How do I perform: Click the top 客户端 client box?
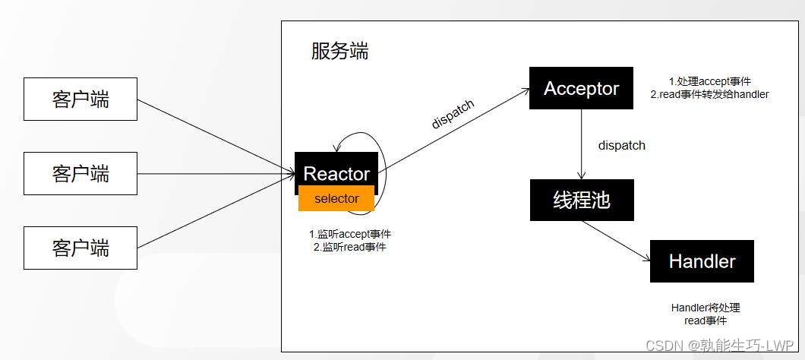coord(80,99)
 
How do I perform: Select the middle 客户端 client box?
coord(80,173)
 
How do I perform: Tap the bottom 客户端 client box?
coord(80,248)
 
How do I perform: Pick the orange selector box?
coord(336,199)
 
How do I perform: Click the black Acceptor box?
coord(581,88)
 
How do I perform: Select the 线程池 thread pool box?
coord(581,200)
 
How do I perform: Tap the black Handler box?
coord(702,261)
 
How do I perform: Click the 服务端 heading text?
coord(339,51)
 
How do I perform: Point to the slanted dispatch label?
coord(453,114)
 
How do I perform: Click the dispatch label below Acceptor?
coord(621,145)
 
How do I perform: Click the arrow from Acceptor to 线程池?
coord(582,144)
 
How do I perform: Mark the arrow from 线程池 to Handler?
coord(615,239)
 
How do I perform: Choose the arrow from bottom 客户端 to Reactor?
coord(216,211)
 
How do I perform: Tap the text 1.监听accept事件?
coord(350,234)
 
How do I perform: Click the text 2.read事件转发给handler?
coord(709,94)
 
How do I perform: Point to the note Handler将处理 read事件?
coord(705,314)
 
